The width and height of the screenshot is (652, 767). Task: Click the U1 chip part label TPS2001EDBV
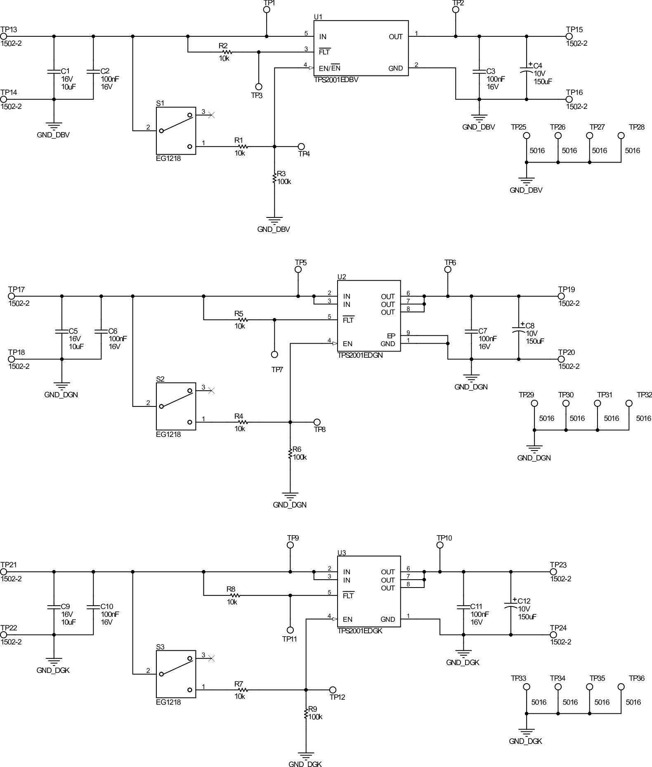(336, 80)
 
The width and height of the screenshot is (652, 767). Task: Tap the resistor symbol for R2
(226, 52)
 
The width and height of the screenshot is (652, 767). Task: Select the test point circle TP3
(259, 87)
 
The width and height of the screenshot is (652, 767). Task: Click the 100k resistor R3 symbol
(274, 178)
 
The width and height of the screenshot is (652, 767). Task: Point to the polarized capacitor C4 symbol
(526, 71)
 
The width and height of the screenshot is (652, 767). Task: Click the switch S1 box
(176, 131)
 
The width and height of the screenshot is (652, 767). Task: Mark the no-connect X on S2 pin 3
(211, 390)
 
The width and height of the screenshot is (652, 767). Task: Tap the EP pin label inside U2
(391, 336)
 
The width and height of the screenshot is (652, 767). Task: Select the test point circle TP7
(274, 354)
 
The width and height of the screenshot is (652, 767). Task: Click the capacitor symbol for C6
(101, 331)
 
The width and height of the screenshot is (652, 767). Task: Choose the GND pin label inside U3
(387, 619)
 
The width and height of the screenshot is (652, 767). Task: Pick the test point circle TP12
(333, 689)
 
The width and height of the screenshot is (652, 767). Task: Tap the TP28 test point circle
(621, 135)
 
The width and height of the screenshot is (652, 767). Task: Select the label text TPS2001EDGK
(360, 631)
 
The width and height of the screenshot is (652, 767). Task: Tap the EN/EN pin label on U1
(329, 68)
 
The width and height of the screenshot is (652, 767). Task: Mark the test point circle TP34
(558, 687)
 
